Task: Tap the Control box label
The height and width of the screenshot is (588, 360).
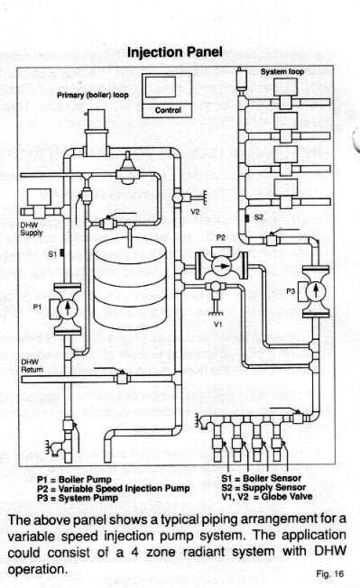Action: [x=169, y=112]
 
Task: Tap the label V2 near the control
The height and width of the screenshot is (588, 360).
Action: [x=194, y=213]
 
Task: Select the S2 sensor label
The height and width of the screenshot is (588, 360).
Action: [x=258, y=217]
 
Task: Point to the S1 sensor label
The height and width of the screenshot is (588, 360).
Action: [x=52, y=254]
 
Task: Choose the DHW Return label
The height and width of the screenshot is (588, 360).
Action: [x=31, y=365]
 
